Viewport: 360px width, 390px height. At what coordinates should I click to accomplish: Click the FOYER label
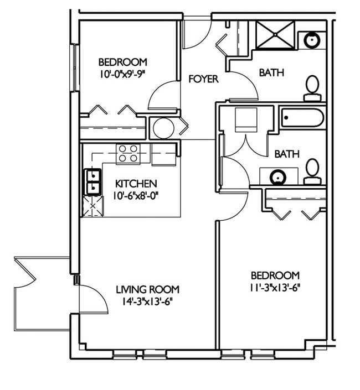click(x=203, y=79)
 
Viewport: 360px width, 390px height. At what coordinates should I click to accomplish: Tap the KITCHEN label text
click(x=136, y=184)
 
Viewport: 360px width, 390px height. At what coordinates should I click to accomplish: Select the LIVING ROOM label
click(x=148, y=289)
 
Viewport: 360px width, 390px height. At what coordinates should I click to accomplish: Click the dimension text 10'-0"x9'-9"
click(x=122, y=74)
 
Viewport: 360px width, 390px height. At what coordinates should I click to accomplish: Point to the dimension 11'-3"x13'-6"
click(x=275, y=288)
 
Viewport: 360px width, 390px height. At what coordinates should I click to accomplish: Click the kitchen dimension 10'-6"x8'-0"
click(x=136, y=196)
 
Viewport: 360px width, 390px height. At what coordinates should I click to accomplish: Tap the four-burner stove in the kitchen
click(x=128, y=154)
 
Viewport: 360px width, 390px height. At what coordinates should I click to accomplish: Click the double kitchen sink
click(x=93, y=181)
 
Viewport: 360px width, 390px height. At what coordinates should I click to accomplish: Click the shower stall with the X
click(x=275, y=34)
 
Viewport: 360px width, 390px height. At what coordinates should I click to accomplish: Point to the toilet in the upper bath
click(x=312, y=89)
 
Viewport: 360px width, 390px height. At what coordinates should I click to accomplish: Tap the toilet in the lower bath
click(x=312, y=171)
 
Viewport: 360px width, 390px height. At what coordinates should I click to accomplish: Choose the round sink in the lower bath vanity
click(x=278, y=178)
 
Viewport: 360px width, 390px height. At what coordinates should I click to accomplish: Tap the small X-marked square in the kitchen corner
click(x=93, y=206)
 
